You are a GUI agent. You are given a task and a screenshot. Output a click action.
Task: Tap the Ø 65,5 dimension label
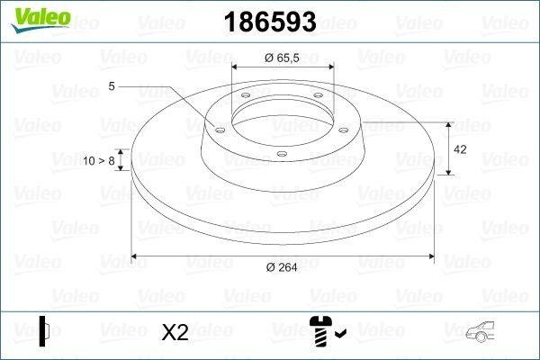pyautogui.click(x=283, y=57)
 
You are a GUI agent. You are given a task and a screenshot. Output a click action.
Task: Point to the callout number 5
pyautogui.click(x=112, y=86)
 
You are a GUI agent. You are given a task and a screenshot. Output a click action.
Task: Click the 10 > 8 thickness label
pyautogui.click(x=99, y=161)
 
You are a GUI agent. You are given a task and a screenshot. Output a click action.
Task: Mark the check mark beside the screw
pyautogui.click(x=339, y=335)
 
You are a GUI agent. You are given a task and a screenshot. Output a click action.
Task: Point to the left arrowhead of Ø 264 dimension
pyautogui.click(x=136, y=256)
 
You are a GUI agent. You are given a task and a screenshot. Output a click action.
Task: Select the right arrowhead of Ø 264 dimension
pyautogui.click(x=433, y=256)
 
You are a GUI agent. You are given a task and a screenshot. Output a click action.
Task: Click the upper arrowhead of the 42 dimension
pyautogui.click(x=449, y=124)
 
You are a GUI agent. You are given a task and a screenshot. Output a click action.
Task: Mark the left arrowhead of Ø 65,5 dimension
pyautogui.click(x=237, y=67)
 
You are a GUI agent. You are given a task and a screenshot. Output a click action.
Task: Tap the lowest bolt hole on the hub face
pyautogui.click(x=282, y=155)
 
